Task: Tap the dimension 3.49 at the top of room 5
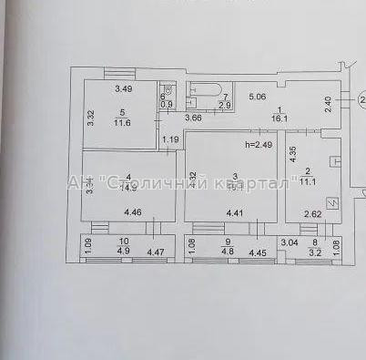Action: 124,88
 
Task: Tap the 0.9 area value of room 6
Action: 167,105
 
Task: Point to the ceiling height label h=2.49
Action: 259,144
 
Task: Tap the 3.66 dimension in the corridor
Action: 193,118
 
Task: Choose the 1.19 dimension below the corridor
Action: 171,139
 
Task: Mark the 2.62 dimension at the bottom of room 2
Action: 312,215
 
